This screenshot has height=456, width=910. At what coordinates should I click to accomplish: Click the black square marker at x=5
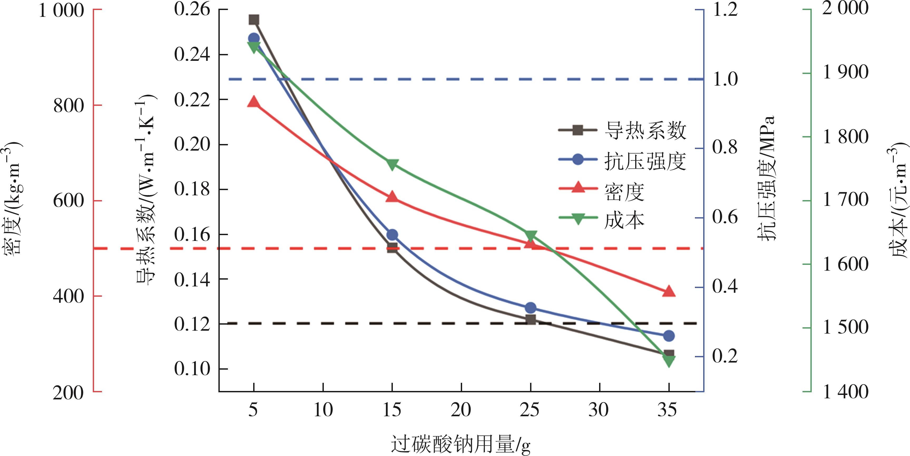(x=254, y=20)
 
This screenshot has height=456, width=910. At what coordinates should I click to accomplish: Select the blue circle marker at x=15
(x=392, y=235)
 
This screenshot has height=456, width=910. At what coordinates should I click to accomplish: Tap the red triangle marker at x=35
(x=669, y=291)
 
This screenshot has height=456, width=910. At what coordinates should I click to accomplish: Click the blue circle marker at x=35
(x=669, y=336)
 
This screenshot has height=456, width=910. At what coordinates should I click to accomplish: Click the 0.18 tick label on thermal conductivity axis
(x=192, y=189)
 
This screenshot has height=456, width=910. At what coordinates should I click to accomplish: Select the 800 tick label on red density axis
(x=69, y=105)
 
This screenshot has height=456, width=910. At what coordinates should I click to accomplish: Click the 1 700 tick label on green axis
(x=845, y=200)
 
